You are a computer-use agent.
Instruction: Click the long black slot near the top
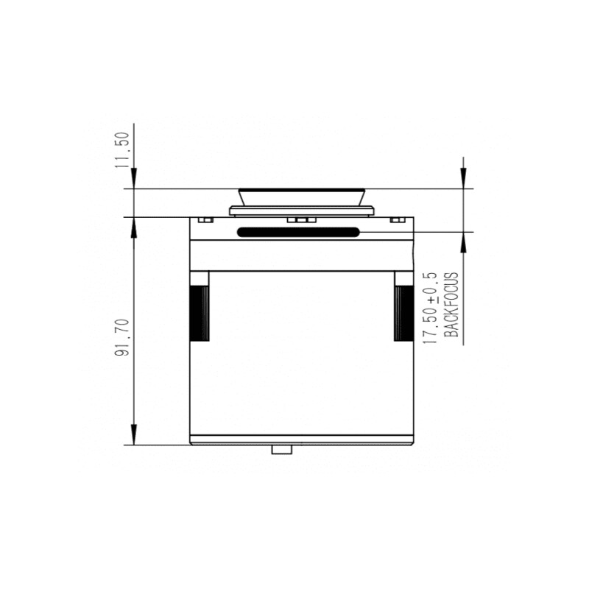pos(298,233)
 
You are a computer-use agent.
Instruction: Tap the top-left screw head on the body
pos(205,219)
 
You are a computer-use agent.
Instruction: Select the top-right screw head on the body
pos(397,219)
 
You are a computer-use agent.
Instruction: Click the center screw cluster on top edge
pos(299,219)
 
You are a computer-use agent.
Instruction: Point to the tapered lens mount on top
pos(302,197)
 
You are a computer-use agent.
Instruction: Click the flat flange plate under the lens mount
pos(302,211)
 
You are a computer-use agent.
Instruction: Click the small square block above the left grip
pos(200,278)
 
